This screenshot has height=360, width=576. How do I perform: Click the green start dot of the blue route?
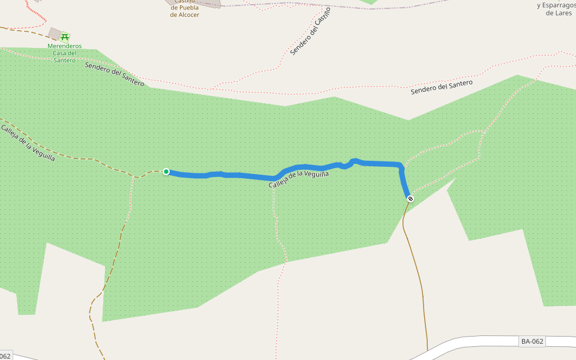click(166, 172)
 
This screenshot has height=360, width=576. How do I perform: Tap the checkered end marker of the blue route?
click(410, 199)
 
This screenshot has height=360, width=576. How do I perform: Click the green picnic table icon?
click(65, 37)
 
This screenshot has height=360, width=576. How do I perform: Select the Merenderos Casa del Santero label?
click(65, 53)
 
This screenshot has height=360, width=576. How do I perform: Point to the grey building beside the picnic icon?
click(55, 32)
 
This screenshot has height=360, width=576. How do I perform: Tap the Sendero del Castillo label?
click(310, 32)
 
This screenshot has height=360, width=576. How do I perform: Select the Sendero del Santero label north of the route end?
click(442, 88)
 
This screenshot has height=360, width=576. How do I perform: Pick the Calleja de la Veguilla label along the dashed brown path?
click(28, 143)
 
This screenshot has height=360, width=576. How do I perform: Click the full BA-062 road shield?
click(532, 341)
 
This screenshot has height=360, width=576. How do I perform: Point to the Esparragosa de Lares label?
click(557, 8)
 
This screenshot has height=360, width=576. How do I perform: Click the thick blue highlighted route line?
click(240, 175)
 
